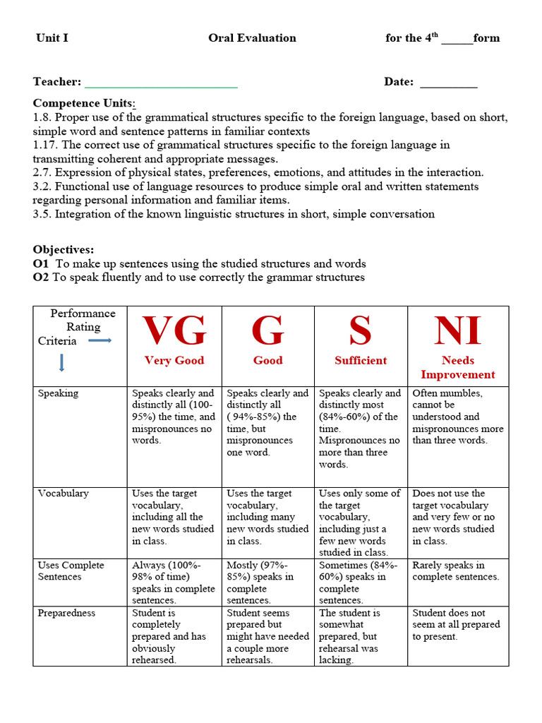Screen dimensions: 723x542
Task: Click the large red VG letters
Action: (174, 330)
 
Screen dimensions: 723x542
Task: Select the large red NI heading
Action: (457, 330)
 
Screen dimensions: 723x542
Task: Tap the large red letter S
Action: (360, 330)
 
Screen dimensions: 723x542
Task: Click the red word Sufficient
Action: (361, 360)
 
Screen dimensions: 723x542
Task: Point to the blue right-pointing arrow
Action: (100, 341)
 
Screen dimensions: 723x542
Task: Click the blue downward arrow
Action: (62, 363)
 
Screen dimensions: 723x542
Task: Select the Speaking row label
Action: (58, 393)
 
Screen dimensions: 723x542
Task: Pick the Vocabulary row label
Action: (64, 494)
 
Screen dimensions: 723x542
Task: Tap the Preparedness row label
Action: (67, 613)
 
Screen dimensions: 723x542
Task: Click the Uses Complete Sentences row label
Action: (71, 570)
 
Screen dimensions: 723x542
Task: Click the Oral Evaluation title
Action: (252, 38)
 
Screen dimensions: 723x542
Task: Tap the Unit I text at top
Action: (52, 38)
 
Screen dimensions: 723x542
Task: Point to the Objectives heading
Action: (64, 250)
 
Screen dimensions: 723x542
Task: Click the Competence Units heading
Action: (84, 104)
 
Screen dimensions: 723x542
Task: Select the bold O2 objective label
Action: (41, 277)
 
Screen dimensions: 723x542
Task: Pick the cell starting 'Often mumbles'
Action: (457, 417)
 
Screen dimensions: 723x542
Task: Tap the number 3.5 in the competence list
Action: (41, 214)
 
